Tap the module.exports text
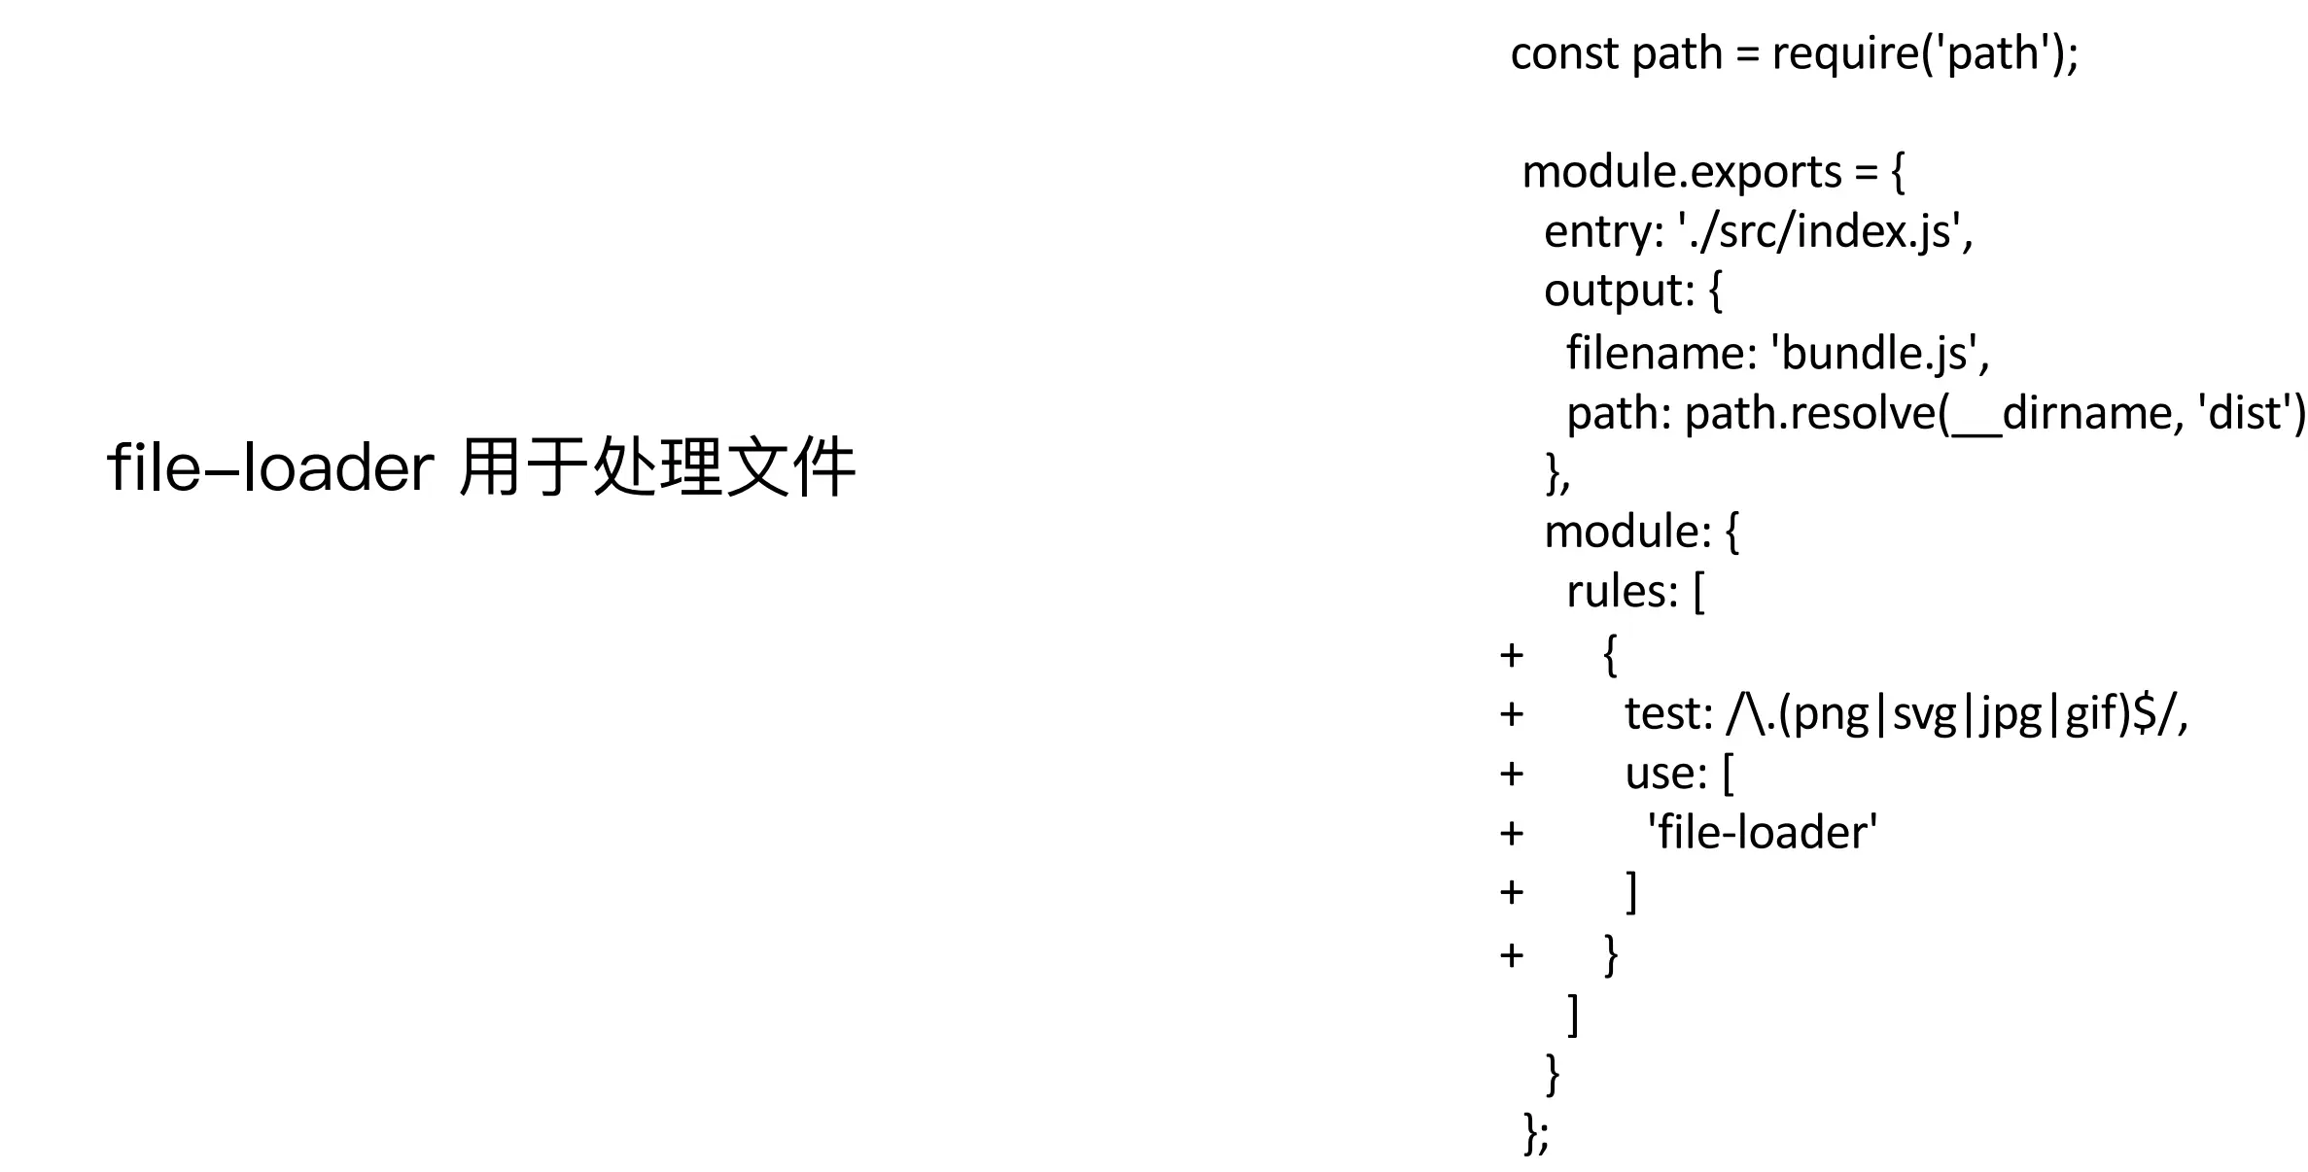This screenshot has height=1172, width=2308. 1681,172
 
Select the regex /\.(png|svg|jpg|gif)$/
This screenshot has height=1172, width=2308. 1954,714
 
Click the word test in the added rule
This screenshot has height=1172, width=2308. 1665,714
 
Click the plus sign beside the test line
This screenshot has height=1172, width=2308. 1511,715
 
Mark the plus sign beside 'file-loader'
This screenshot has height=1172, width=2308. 1511,834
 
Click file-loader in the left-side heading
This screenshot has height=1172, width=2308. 269,468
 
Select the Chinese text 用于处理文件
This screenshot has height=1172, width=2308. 656,468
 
